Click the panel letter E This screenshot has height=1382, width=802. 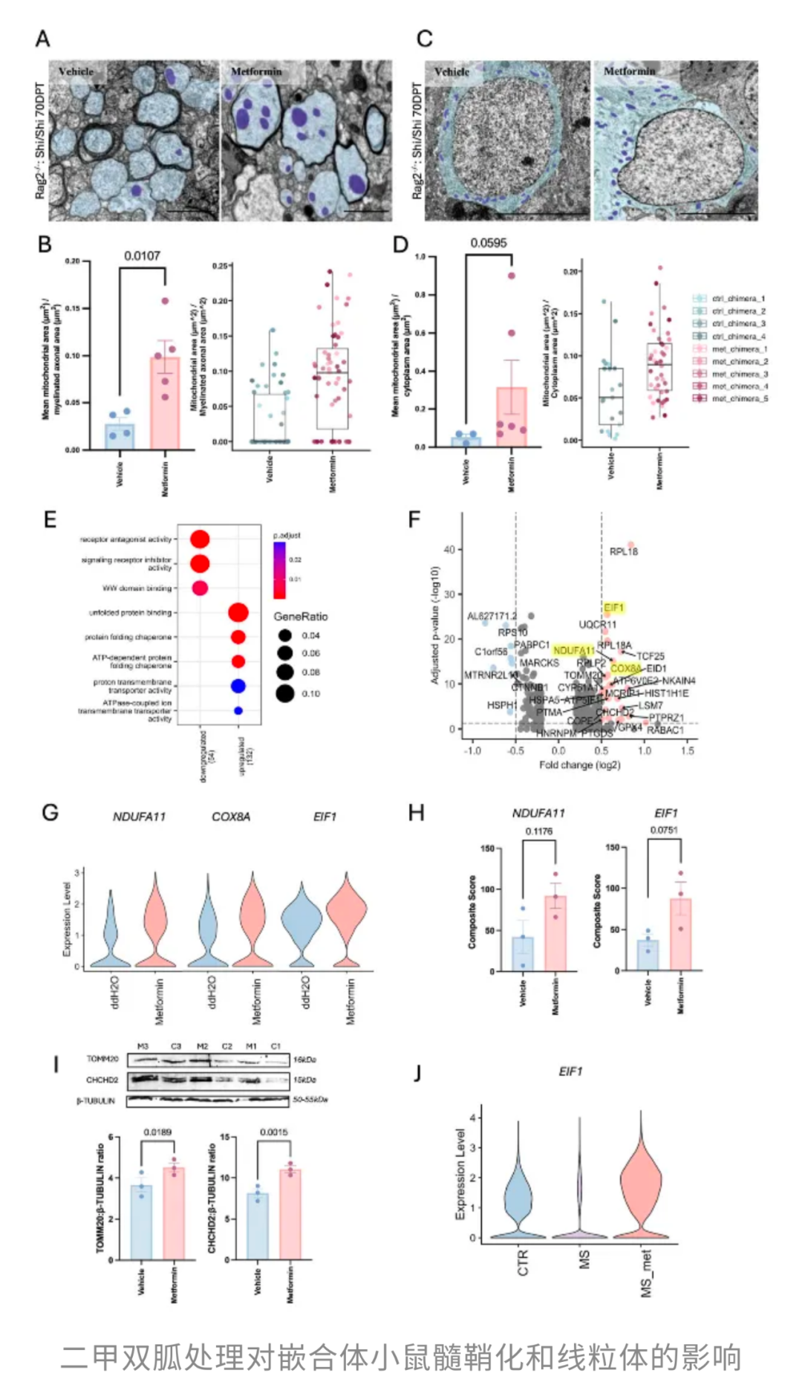point(50,519)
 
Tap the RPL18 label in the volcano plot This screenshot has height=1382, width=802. point(623,551)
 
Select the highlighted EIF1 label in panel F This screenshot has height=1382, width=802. point(614,608)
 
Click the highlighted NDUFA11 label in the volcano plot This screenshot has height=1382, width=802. point(573,651)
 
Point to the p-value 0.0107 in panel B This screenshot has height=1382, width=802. point(142,256)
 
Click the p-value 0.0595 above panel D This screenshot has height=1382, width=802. point(488,243)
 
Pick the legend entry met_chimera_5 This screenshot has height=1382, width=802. point(740,399)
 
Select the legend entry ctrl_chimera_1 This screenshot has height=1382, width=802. point(738,299)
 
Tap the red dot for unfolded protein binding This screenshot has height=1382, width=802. point(238,613)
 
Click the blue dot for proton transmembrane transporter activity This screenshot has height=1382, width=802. point(238,686)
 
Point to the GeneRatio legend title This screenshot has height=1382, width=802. point(300,617)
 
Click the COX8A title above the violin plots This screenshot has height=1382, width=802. point(231,817)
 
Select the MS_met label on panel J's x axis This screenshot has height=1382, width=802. point(647,1273)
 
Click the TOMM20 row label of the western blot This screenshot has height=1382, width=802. point(102,1059)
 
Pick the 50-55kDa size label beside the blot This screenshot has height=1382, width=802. point(310,1100)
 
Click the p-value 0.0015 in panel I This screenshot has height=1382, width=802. point(273,1132)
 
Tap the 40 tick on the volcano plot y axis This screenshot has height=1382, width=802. point(449,550)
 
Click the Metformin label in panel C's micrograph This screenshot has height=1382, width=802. point(629,71)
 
